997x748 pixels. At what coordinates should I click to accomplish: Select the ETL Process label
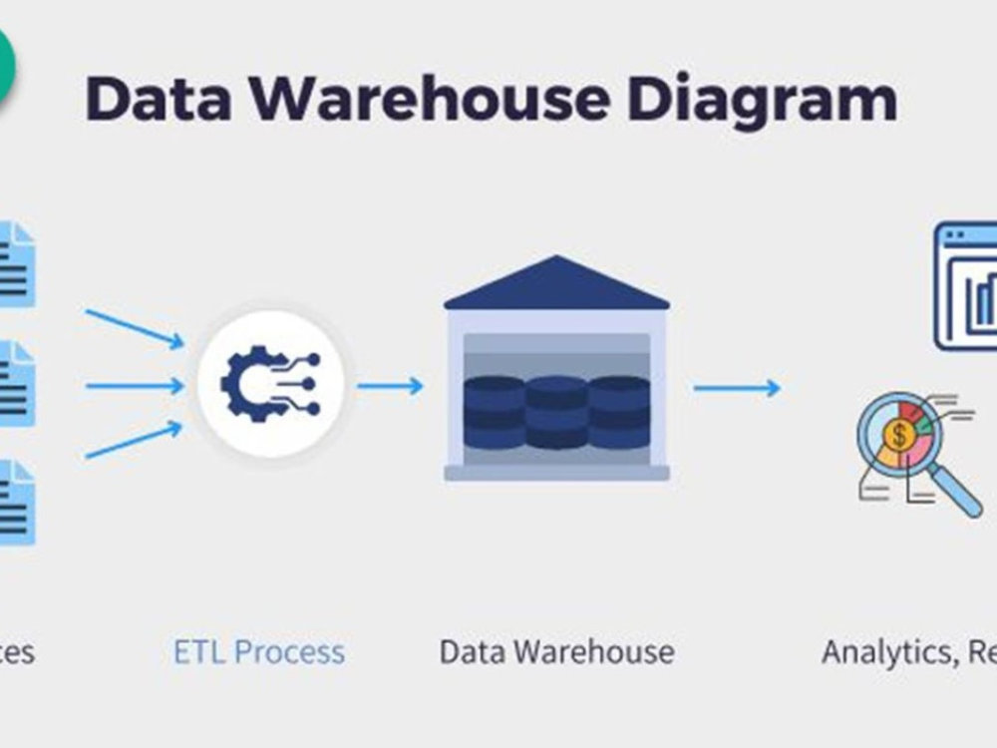tap(259, 652)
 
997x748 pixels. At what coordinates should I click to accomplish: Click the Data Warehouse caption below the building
tap(556, 652)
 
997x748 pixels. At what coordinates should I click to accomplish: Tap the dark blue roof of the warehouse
tap(556, 284)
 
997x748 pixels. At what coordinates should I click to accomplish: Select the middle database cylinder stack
tap(556, 411)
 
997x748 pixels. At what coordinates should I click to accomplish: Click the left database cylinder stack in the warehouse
tap(495, 411)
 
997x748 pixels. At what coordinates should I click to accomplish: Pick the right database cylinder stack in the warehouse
tap(618, 411)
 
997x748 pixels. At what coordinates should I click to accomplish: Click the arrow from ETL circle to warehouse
tap(391, 385)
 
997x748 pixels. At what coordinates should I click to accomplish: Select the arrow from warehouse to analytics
tap(738, 388)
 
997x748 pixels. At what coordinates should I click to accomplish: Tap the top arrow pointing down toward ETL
tap(136, 328)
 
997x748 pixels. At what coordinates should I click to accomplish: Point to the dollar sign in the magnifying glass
tap(900, 435)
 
